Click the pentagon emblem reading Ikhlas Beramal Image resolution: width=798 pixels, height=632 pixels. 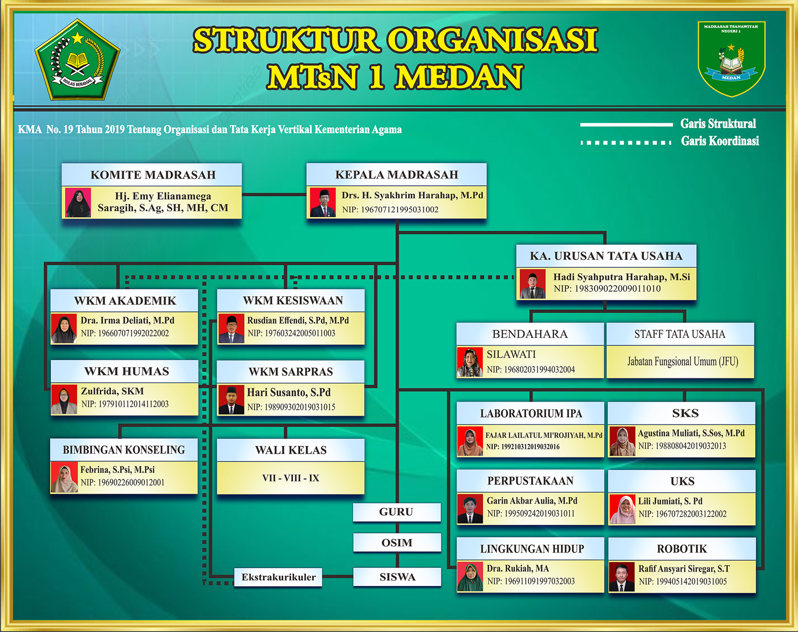(77, 60)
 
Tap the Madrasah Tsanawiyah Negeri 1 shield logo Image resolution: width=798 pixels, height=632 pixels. (731, 58)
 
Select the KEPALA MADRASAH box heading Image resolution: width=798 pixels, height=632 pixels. (397, 175)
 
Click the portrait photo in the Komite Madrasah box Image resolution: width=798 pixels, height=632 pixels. (78, 203)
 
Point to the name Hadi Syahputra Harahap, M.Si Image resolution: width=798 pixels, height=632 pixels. (622, 277)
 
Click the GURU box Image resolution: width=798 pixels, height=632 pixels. (397, 512)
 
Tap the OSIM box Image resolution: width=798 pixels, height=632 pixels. (397, 543)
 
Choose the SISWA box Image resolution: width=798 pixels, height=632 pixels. (397, 577)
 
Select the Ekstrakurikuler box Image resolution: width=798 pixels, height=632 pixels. (278, 577)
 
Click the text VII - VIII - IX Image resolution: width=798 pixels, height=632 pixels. (291, 478)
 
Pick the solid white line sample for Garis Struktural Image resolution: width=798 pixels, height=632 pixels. (626, 125)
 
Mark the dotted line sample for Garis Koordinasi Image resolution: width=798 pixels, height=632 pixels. (626, 143)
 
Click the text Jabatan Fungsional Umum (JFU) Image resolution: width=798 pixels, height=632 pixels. (683, 361)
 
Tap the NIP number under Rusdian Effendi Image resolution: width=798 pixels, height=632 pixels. (291, 333)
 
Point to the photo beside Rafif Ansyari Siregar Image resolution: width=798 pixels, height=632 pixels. (621, 577)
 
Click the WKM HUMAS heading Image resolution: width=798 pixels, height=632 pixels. (127, 371)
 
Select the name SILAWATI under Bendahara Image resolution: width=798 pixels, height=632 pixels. (511, 354)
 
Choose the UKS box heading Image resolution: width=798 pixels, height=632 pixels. (682, 481)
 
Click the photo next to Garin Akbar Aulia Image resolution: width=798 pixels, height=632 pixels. (470, 509)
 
